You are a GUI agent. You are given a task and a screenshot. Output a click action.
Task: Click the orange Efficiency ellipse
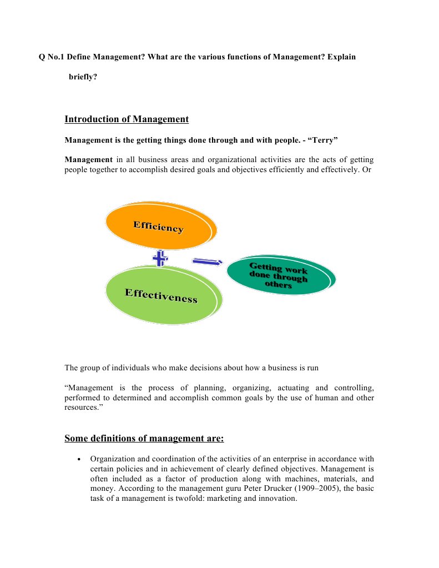point(158,227)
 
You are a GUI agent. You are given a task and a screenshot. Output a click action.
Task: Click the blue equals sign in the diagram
point(207,261)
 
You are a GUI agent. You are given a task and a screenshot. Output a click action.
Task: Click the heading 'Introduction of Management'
point(127,119)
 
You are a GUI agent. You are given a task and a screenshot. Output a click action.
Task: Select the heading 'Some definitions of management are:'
point(144,439)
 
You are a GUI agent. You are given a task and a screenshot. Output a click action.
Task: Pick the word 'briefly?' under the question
point(83,77)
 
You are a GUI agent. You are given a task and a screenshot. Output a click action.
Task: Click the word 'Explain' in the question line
point(342,57)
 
